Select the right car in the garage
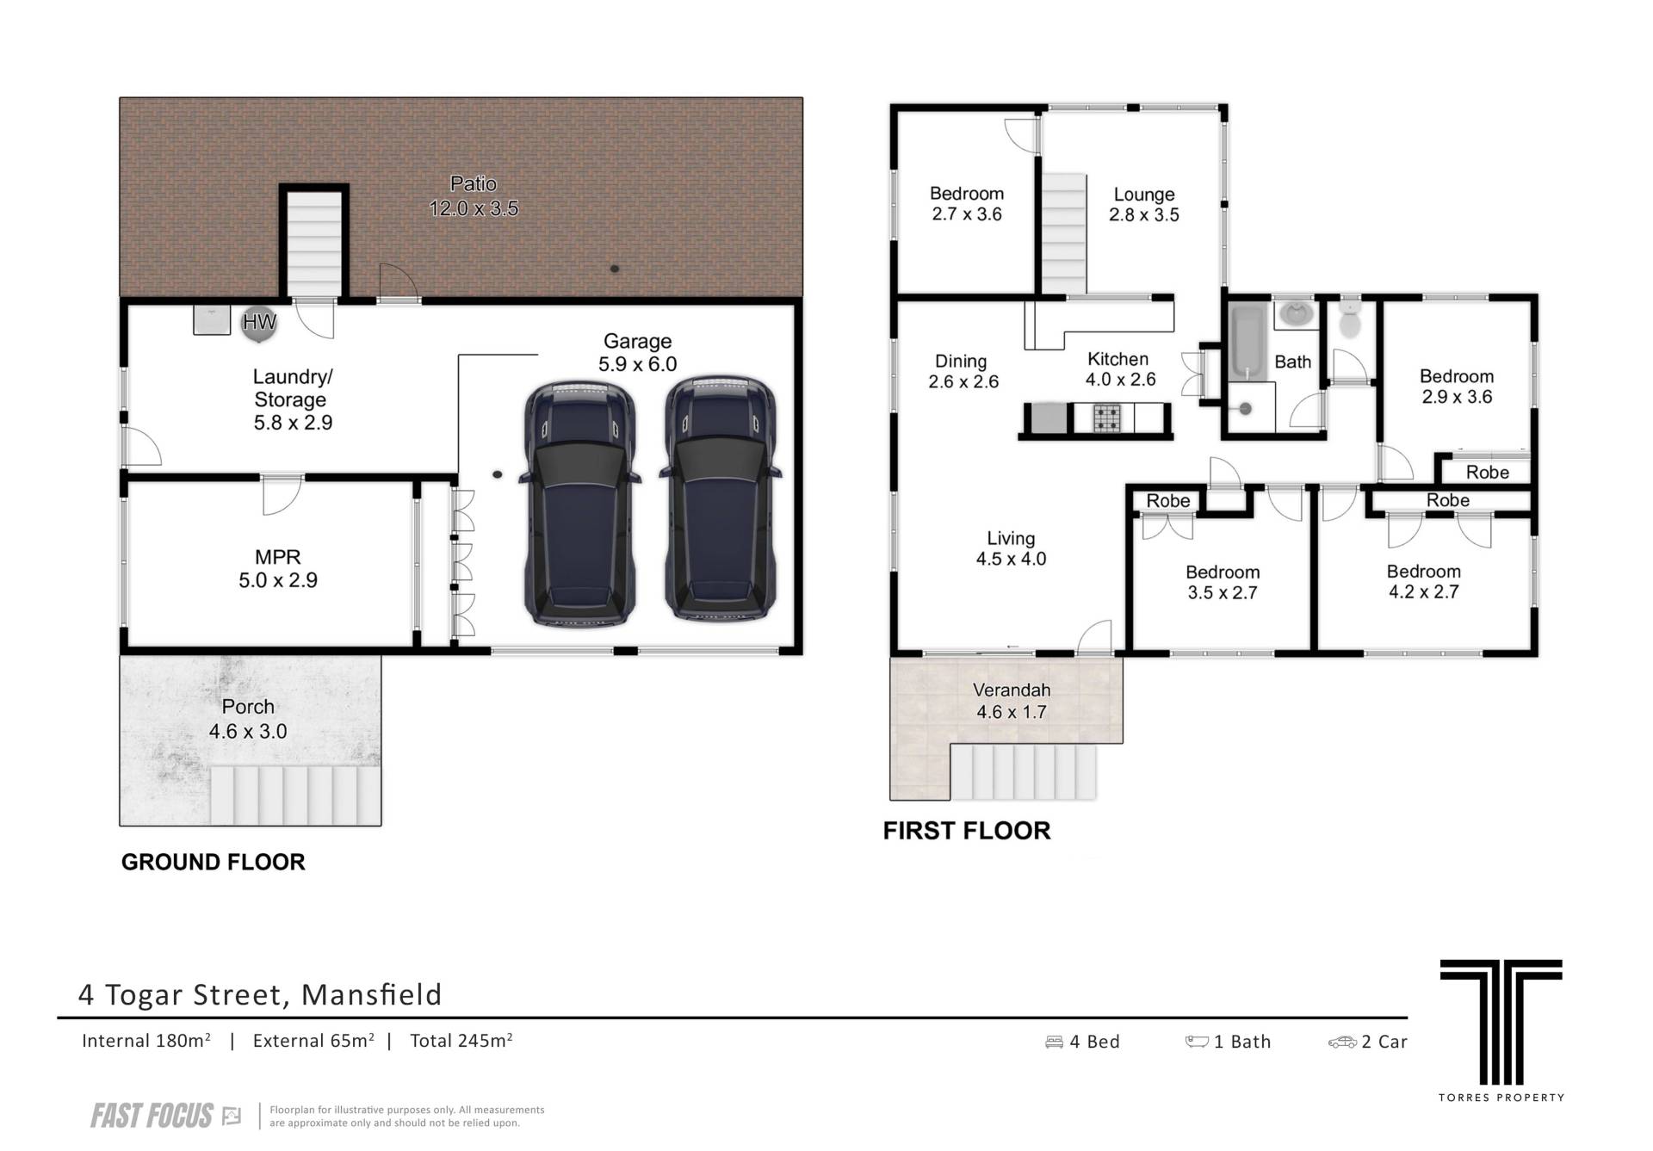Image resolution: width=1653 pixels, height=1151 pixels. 721,498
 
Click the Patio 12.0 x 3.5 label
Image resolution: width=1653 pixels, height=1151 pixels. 474,196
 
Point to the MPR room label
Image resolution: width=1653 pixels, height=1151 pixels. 278,569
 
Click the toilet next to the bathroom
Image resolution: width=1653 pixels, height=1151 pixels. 1349,319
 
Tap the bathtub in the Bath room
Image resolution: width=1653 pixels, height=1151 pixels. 1246,340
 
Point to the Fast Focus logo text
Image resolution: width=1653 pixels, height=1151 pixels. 152,1117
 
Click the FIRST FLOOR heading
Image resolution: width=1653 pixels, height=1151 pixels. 967,831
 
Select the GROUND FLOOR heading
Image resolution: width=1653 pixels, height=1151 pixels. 214,863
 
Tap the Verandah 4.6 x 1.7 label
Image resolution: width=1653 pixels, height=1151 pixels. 1012,701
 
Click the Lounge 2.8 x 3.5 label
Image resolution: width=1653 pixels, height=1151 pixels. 1144,205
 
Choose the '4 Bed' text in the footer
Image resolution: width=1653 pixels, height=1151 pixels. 1083,1042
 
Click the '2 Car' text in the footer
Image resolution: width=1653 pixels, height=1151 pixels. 1368,1042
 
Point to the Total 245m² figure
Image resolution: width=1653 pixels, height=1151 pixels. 461,1041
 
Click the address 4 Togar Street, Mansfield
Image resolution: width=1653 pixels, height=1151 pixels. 260,995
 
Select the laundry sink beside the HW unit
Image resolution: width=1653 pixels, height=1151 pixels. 212,319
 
